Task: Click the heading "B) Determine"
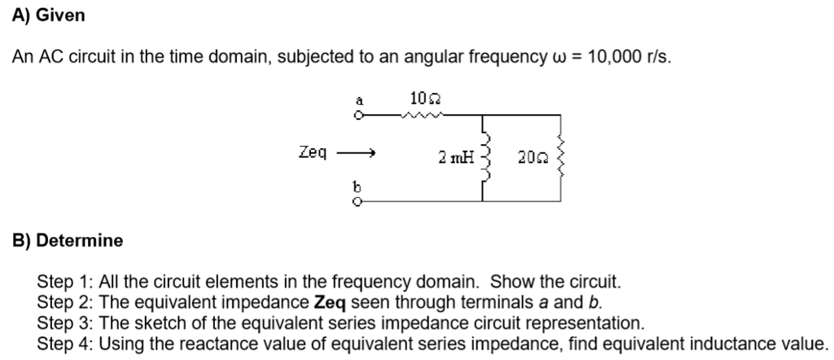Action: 68,240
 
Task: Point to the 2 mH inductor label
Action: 456,157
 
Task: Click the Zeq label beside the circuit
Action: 312,152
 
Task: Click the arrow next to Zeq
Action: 356,152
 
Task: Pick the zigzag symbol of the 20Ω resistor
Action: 560,157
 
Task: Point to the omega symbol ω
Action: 557,58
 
